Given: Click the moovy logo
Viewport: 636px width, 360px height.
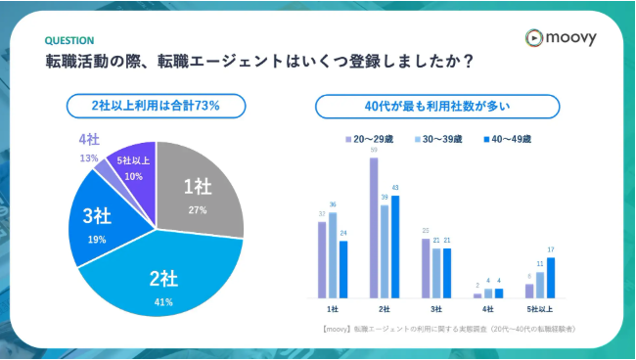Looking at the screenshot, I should click(x=562, y=37).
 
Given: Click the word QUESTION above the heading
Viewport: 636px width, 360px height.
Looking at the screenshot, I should click(x=69, y=41).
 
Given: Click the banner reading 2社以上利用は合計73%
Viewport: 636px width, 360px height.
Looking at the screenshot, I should click(x=156, y=105).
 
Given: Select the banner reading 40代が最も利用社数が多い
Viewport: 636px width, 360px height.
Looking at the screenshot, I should click(x=437, y=105).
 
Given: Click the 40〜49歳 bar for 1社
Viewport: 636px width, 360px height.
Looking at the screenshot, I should click(x=342, y=269).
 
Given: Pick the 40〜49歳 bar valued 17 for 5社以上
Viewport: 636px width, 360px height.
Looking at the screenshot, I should click(x=551, y=278).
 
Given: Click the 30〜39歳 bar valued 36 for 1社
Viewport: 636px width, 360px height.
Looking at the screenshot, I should click(x=332, y=254).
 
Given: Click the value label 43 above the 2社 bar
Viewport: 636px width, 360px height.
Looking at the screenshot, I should click(x=394, y=188).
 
